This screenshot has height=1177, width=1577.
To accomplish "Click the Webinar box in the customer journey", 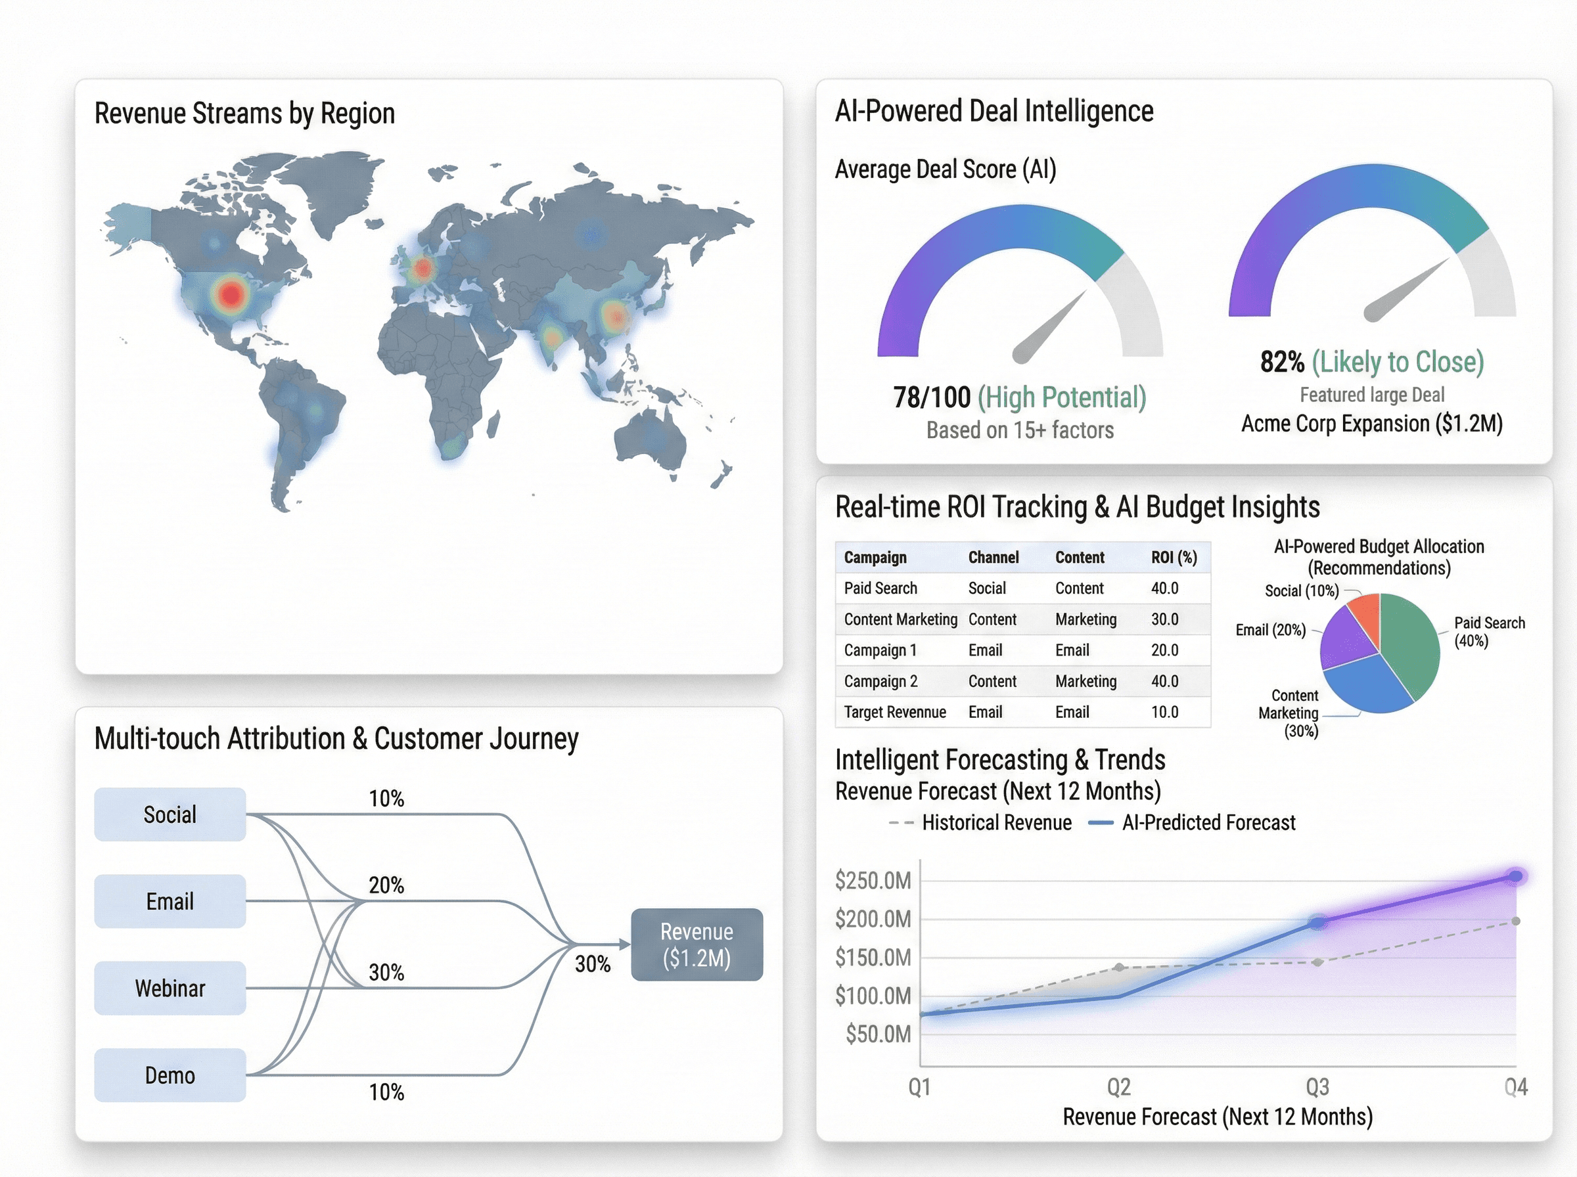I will click(x=170, y=988).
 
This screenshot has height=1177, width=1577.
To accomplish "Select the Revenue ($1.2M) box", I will click(x=697, y=944).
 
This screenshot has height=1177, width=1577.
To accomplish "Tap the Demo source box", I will click(x=170, y=1075).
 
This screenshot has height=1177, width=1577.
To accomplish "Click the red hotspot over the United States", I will click(x=230, y=294).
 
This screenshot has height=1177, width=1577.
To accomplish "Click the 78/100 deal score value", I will click(x=931, y=397).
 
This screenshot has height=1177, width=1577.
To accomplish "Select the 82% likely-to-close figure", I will click(x=1282, y=362).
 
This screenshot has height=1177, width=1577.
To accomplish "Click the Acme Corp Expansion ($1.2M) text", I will click(x=1372, y=424).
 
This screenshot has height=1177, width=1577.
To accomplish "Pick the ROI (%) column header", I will click(x=1174, y=557).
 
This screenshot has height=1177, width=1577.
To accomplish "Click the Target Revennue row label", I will click(x=895, y=712).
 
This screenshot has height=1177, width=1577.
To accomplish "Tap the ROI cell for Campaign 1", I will click(x=1164, y=650).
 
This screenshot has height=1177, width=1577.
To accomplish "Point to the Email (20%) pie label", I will click(x=1271, y=630).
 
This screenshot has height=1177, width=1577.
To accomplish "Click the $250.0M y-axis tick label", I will click(x=873, y=881).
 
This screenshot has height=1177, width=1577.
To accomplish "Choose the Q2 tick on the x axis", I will click(x=1119, y=1087).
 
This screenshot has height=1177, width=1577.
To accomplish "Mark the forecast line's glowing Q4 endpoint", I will click(x=1516, y=876).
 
